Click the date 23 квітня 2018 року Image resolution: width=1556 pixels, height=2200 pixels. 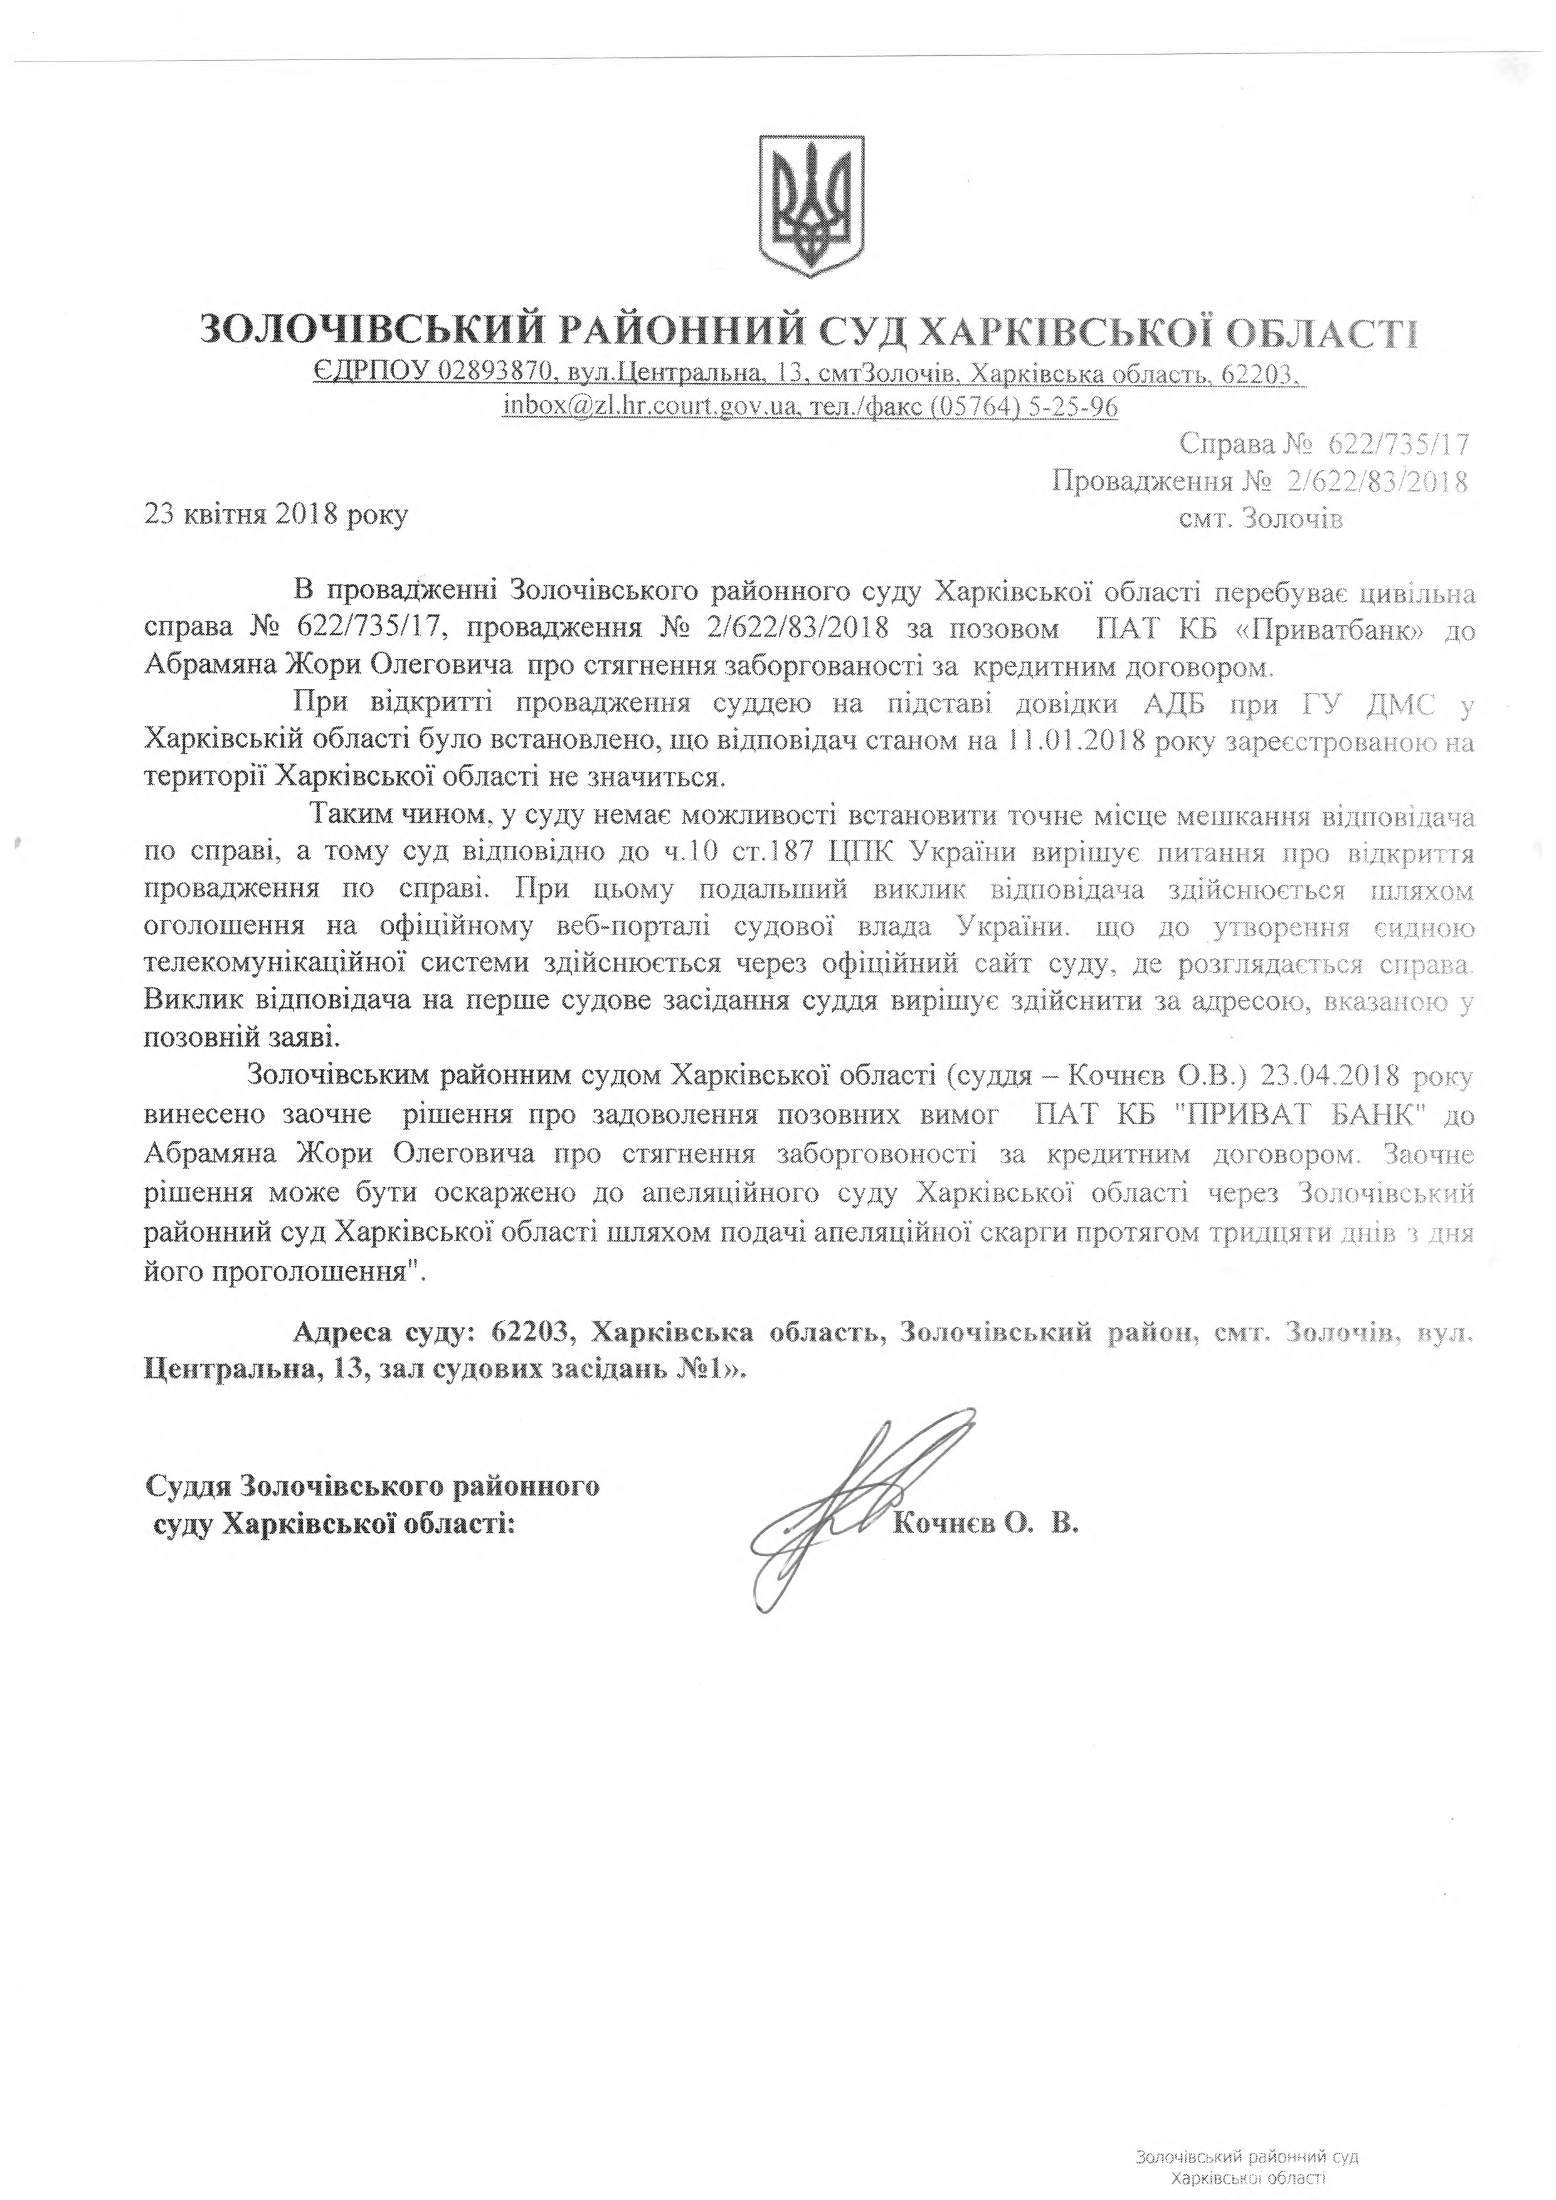[x=276, y=516]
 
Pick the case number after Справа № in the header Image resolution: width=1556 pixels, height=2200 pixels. [x=1398, y=443]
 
